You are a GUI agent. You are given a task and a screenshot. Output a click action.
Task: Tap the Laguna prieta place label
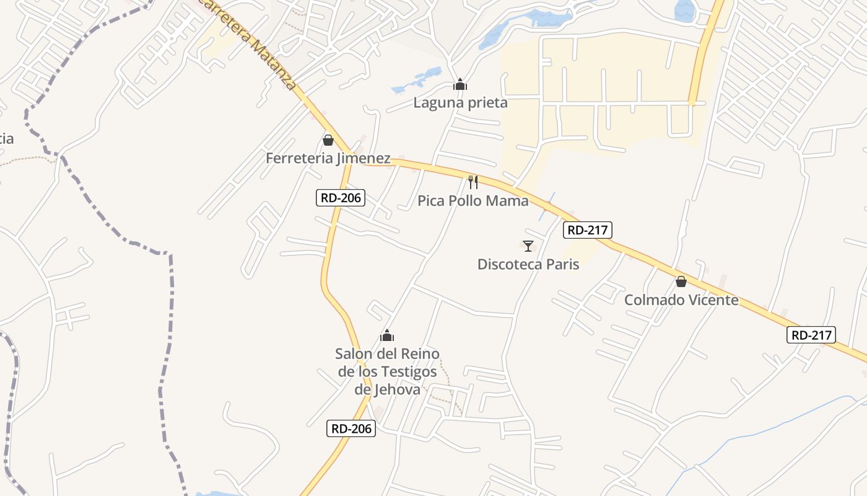point(460,103)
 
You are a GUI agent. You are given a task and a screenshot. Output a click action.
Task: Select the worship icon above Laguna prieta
point(460,84)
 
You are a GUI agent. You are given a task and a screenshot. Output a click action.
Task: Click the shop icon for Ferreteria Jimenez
point(328,140)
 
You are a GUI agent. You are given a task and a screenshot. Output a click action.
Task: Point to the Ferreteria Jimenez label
point(328,159)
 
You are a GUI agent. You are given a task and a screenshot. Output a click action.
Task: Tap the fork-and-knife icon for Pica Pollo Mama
point(473,182)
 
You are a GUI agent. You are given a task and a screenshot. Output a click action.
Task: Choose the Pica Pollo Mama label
point(473,201)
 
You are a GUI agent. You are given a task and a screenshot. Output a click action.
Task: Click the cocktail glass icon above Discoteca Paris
point(528,246)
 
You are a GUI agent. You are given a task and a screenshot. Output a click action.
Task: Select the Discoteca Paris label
point(528,265)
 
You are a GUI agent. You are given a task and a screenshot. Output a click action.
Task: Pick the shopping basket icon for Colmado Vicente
point(681,281)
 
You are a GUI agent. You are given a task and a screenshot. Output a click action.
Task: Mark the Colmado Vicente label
point(681,301)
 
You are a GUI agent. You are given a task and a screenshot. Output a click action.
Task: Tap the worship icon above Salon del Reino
point(387,336)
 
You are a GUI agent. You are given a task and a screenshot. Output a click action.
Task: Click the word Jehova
point(396,390)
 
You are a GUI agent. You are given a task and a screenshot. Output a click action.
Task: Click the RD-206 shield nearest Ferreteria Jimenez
point(340,198)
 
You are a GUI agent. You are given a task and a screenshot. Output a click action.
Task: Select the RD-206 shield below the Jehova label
point(351,428)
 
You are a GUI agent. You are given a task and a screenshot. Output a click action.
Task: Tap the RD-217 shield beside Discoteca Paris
point(588,231)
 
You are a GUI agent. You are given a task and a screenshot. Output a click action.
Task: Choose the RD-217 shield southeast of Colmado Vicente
point(811,335)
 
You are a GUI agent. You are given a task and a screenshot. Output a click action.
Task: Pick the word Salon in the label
point(354,354)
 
